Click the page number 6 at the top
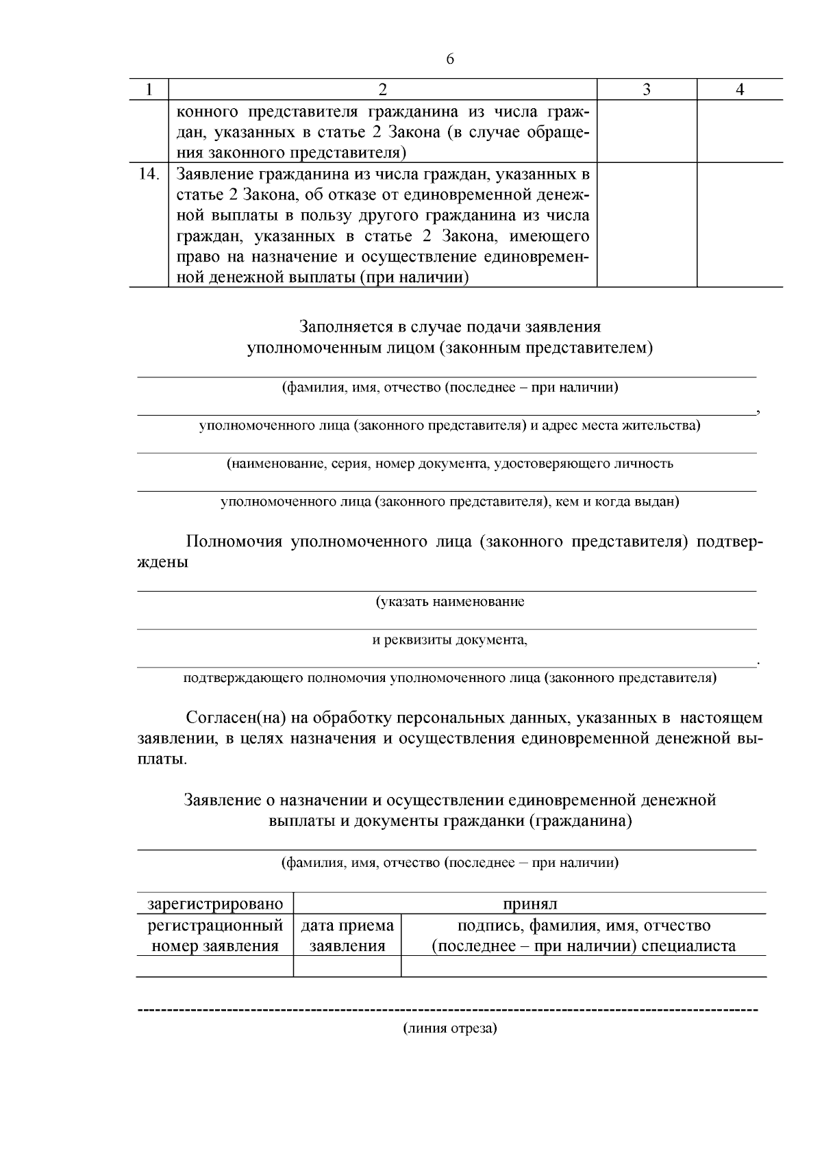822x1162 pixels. tap(449, 60)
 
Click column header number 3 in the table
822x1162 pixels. tap(647, 90)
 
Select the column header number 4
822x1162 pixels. tap(740, 90)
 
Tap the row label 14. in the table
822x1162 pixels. tap(149, 174)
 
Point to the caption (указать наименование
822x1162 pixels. tap(449, 602)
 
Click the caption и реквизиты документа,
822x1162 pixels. tap(449, 640)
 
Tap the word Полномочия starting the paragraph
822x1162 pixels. tap(234, 542)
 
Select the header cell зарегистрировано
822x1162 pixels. tap(215, 904)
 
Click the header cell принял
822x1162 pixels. tap(530, 904)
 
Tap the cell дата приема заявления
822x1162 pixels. tap(347, 936)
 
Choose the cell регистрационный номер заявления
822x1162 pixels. tap(215, 936)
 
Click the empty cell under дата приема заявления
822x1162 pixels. tap(347, 966)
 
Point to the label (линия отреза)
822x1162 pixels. tap(449, 1028)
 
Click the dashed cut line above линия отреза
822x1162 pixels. tap(448, 1010)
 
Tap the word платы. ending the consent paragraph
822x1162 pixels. tap(162, 760)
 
